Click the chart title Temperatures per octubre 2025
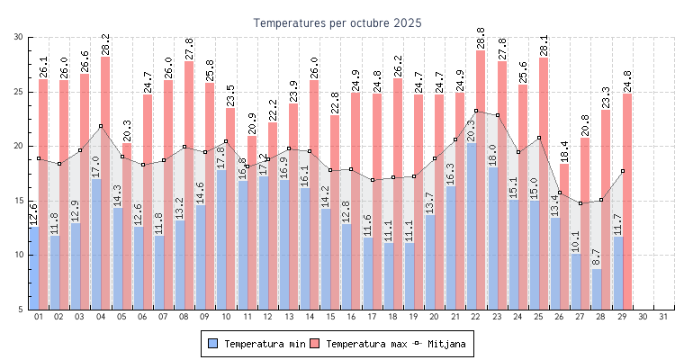coord(337,22)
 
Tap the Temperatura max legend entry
coord(359,344)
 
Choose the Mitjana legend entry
coord(440,344)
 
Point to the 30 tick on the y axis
coord(19,37)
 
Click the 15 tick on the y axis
coord(19,201)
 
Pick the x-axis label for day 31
coord(664,317)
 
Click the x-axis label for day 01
coord(39,317)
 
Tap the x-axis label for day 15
coord(330,317)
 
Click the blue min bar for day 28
coord(596,289)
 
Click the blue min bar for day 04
coord(95,243)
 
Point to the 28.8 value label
coord(481,38)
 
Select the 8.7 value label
coord(596,257)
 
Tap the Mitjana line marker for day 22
coord(476,111)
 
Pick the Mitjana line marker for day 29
coord(622,171)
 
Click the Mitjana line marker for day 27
coord(580,203)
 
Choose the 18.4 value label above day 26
coord(564,151)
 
